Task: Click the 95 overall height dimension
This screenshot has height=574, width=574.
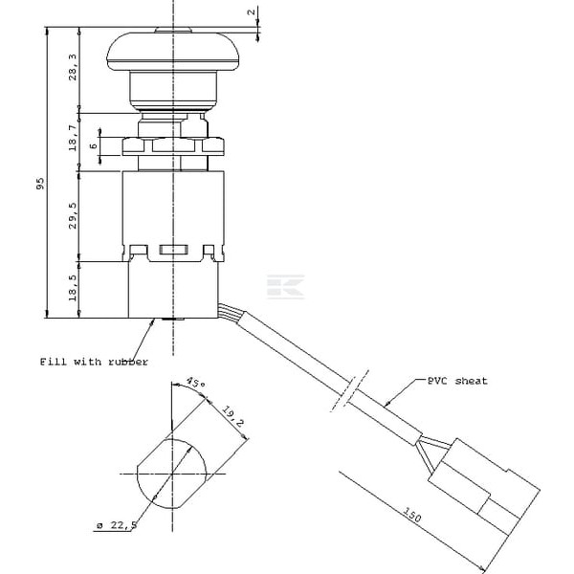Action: [x=40, y=184]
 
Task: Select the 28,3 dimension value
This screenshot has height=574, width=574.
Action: [x=73, y=67]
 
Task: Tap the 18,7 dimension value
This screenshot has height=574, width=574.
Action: [x=73, y=138]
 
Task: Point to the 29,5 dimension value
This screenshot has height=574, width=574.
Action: [x=73, y=215]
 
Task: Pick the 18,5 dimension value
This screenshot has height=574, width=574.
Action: [x=73, y=288]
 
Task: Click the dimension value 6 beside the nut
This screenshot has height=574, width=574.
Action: [x=94, y=145]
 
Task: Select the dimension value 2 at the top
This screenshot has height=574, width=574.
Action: [x=251, y=12]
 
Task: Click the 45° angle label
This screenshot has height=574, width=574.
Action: [x=195, y=382]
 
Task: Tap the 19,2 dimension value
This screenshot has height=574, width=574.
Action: [x=232, y=416]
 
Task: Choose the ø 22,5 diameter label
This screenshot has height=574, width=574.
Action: [x=117, y=525]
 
